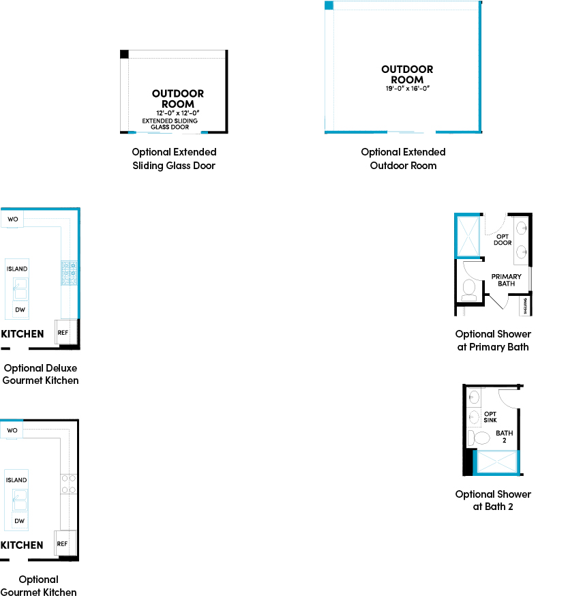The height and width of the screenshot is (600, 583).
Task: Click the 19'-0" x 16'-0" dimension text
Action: pyautogui.click(x=407, y=89)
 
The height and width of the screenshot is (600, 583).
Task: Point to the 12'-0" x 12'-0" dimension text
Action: pyautogui.click(x=177, y=113)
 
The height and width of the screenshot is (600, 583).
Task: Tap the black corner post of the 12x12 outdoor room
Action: pyautogui.click(x=124, y=54)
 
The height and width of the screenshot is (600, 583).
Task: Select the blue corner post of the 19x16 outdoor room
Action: pyautogui.click(x=329, y=5)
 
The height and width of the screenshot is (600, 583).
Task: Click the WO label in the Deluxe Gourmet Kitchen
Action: pyautogui.click(x=12, y=220)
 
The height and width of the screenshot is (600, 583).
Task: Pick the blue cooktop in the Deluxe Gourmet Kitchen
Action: pyautogui.click(x=69, y=273)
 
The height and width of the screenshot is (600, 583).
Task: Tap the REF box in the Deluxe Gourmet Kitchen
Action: pyautogui.click(x=63, y=333)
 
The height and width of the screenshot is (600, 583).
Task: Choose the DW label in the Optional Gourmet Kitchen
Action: pyautogui.click(x=20, y=521)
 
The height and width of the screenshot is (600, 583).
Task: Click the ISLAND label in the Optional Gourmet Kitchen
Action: pyautogui.click(x=17, y=480)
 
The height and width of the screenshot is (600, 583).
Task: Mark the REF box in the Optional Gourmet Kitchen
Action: pyautogui.click(x=63, y=544)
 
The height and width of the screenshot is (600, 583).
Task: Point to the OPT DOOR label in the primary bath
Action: pyautogui.click(x=503, y=239)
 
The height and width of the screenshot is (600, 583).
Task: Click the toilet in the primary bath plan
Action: pyautogui.click(x=470, y=290)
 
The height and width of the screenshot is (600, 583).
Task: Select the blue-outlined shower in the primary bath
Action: pyautogui.click(x=468, y=236)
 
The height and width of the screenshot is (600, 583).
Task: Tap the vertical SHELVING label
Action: pyautogui.click(x=526, y=306)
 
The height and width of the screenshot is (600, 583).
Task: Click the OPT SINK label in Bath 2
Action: pyautogui.click(x=490, y=417)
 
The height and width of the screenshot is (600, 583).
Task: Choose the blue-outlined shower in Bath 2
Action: pyautogui.click(x=497, y=462)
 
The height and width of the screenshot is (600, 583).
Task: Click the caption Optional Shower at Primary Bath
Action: pyautogui.click(x=493, y=340)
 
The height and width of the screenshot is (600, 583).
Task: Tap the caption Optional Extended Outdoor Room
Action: pyautogui.click(x=403, y=159)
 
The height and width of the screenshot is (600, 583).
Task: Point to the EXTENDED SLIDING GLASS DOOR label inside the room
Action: pyautogui.click(x=170, y=123)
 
